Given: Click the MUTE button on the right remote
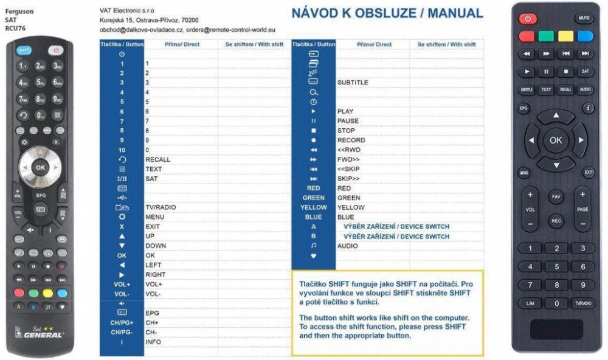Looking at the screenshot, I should [x=584, y=18].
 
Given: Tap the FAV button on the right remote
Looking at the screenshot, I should [x=556, y=197].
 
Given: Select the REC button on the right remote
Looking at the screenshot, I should [x=556, y=221].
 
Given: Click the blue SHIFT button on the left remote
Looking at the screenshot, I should [x=24, y=50].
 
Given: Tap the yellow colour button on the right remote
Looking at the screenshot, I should [x=565, y=36].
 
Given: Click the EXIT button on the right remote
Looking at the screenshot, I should [x=589, y=173].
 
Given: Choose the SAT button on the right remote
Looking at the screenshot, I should [x=584, y=71].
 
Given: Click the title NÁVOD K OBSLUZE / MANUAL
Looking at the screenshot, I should [x=387, y=13].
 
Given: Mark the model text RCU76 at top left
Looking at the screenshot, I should [x=15, y=28].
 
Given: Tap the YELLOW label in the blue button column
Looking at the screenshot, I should [x=313, y=207].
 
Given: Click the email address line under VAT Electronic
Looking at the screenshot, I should [x=187, y=29].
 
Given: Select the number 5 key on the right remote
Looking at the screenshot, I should [x=556, y=266].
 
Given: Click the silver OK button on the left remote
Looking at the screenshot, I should [x=40, y=167].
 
